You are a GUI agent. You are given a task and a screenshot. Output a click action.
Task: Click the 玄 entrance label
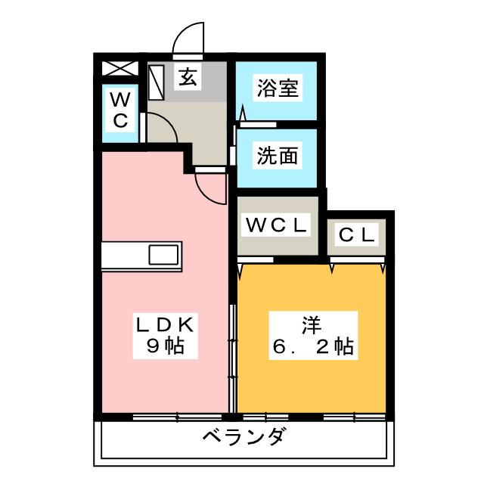[188, 76]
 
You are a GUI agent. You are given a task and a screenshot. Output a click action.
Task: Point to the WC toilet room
[120, 110]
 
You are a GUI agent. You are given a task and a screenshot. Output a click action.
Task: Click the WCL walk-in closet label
[276, 225]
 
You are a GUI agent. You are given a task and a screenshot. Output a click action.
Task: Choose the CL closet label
[357, 234]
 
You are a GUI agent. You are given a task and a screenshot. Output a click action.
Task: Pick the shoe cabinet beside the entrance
[157, 82]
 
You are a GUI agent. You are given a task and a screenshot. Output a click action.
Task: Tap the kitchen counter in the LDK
[140, 255]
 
